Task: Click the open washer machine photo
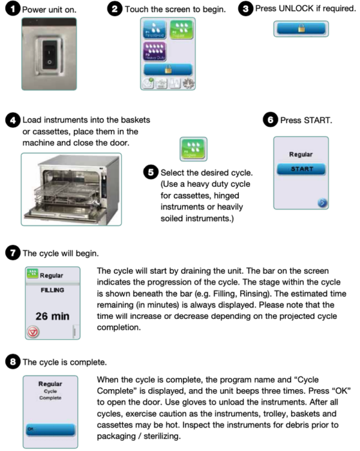71,184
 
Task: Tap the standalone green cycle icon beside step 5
193,148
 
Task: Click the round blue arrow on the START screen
323,204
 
